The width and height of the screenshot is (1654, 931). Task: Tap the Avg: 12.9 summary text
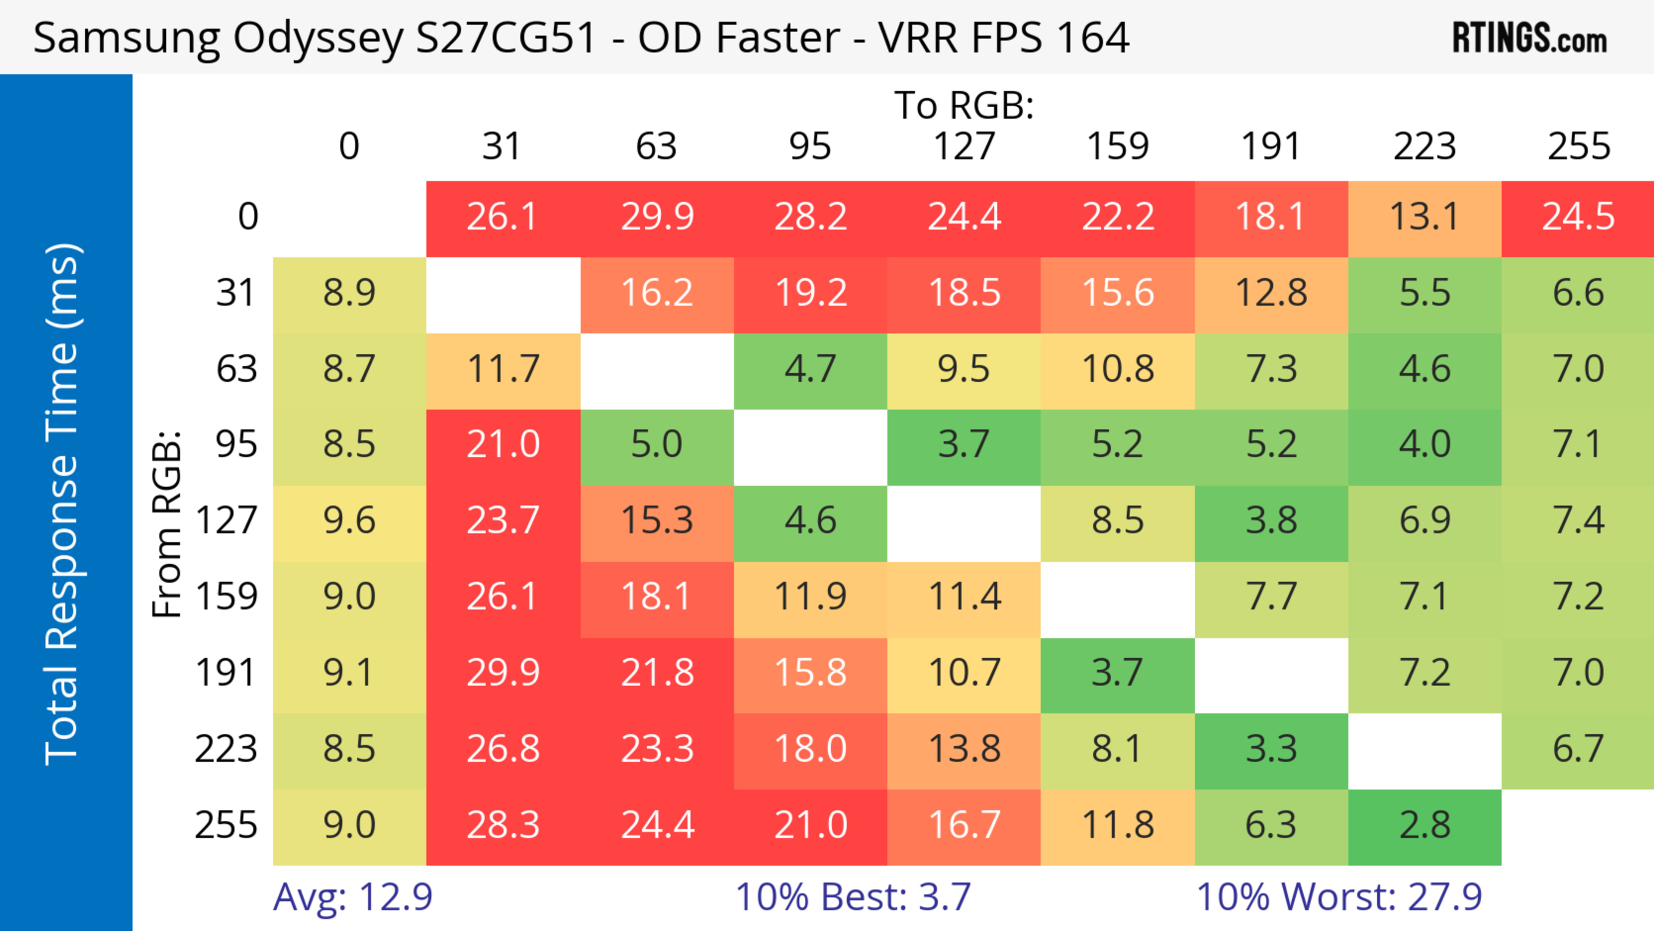pos(352,897)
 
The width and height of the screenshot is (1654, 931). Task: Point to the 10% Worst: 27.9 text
pos(1339,897)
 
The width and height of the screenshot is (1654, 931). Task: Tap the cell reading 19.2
pos(810,293)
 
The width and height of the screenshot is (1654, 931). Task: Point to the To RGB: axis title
pos(964,105)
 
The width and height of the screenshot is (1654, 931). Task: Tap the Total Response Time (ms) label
pos(63,504)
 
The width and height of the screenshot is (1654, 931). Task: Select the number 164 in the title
pos(1092,38)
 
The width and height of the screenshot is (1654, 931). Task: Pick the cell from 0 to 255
pos(1578,217)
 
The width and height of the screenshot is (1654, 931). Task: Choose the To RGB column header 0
pos(348,146)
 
